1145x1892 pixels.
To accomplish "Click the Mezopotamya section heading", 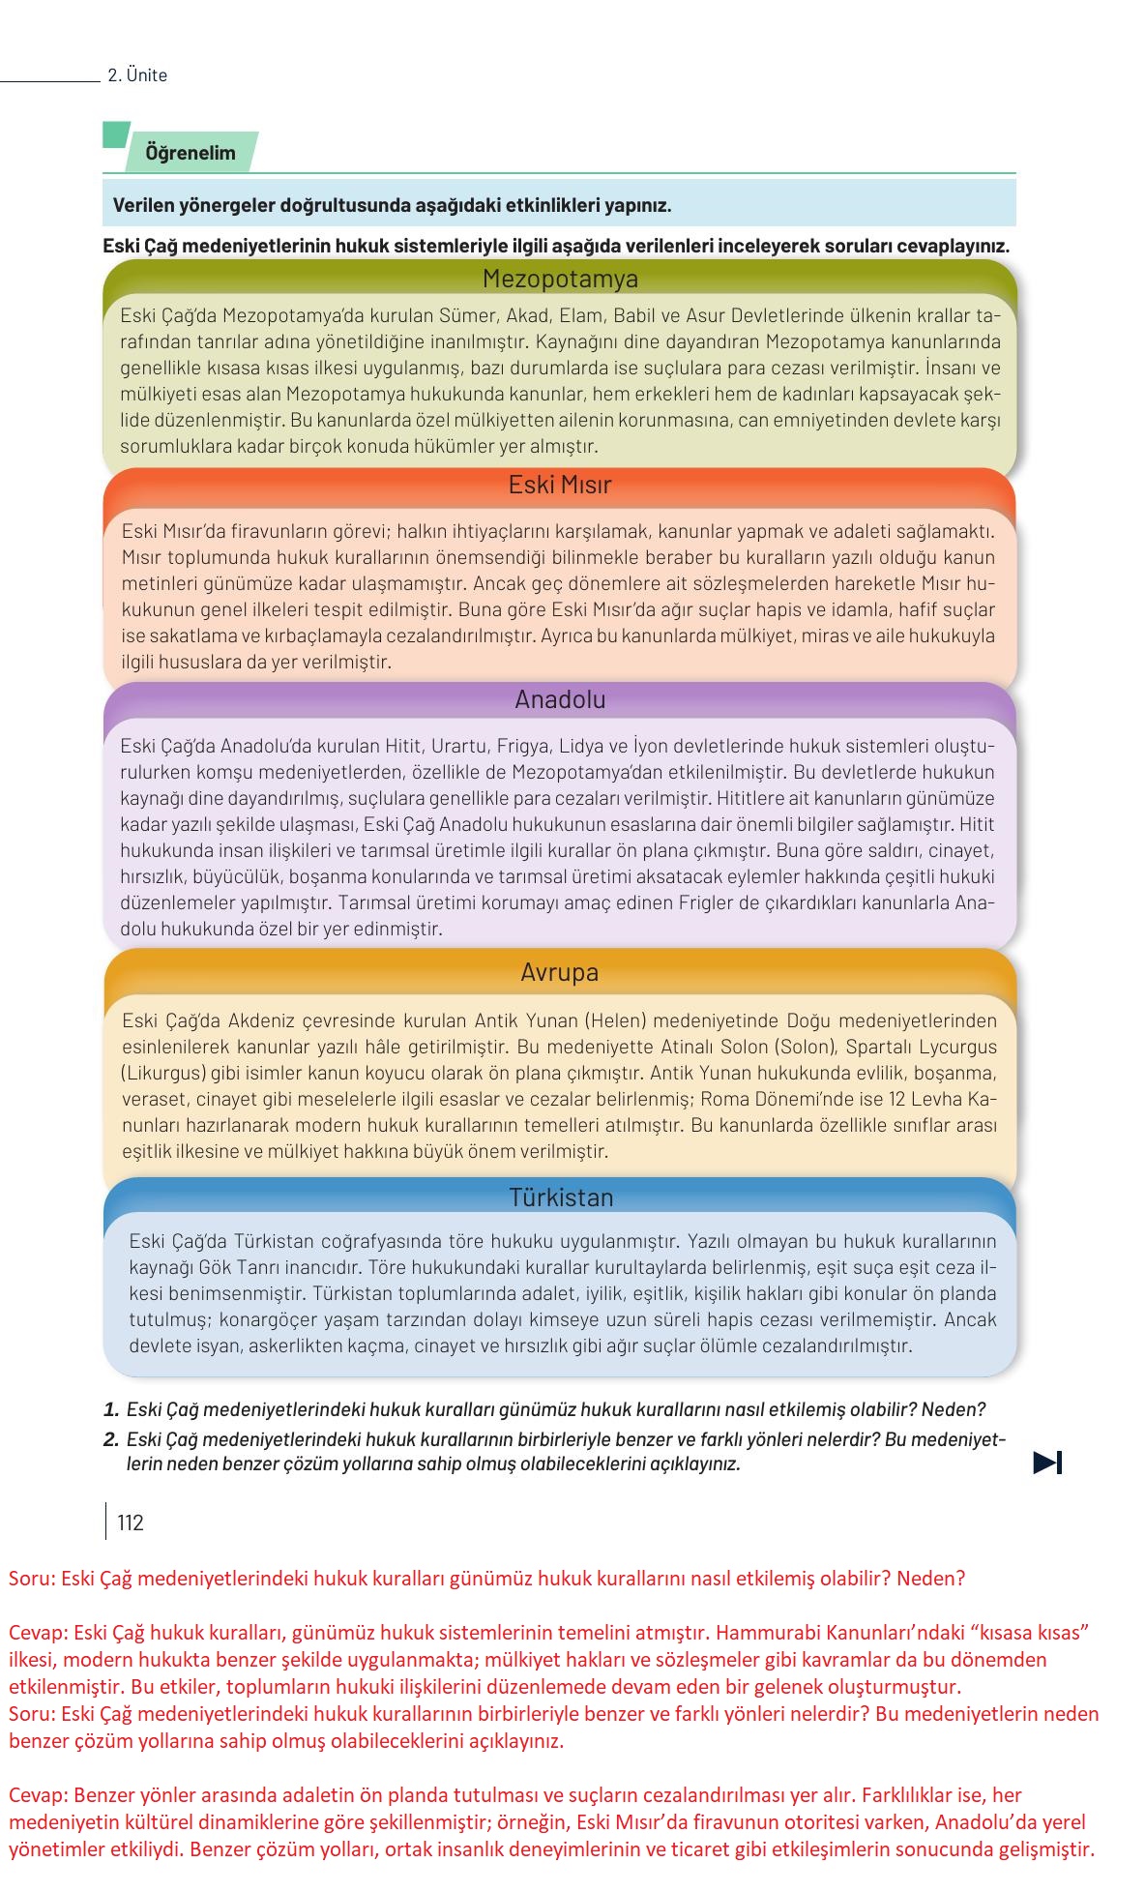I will [x=560, y=280].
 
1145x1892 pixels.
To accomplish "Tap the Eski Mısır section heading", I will [x=560, y=485].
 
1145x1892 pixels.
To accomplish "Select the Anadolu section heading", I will [x=560, y=699].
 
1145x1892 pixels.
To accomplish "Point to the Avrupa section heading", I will [x=559, y=972].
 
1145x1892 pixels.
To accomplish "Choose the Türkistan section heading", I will [x=561, y=1197].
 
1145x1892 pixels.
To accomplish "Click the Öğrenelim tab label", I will [x=191, y=153].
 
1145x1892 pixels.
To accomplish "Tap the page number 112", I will [x=130, y=1523].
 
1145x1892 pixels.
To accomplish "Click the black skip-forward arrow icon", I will [x=1047, y=1463].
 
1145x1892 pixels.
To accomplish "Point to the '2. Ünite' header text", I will [x=137, y=75].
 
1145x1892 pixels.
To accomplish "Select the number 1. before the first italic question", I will [x=111, y=1410].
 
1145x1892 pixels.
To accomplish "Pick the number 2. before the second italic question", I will [x=111, y=1439].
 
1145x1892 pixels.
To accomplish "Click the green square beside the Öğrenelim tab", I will [x=115, y=134].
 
